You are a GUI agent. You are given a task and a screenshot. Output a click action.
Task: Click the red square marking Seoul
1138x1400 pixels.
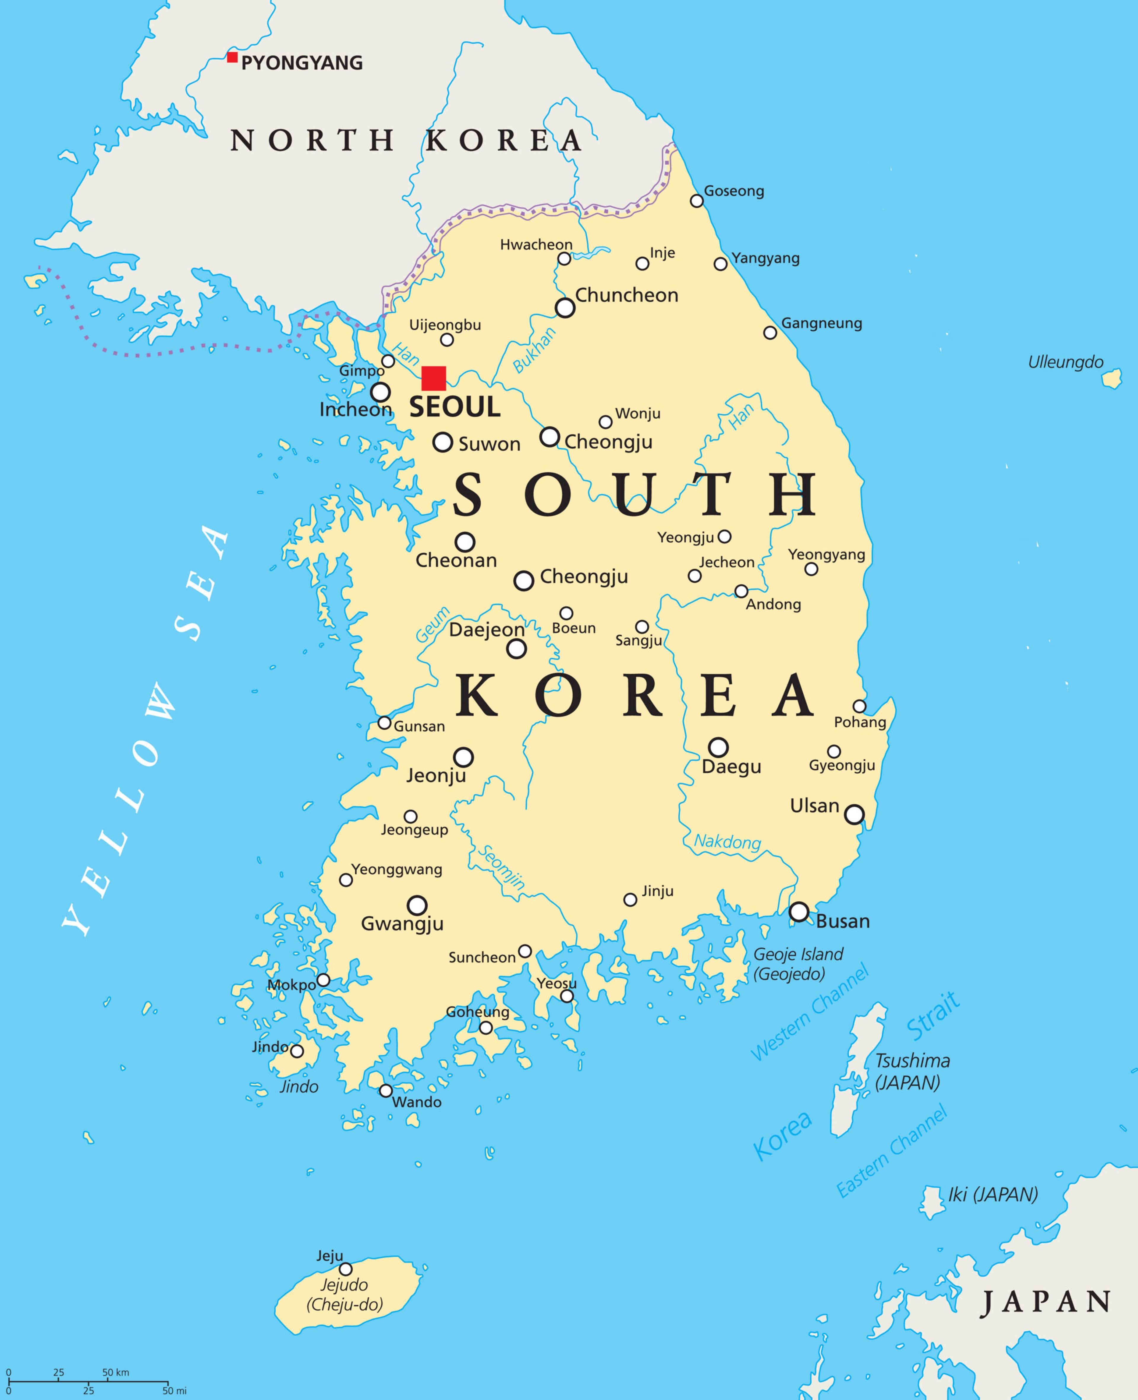(x=433, y=378)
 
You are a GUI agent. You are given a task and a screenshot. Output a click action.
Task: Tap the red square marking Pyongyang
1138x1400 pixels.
(x=232, y=57)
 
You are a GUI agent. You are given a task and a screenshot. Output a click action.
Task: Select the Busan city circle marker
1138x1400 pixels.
(x=798, y=912)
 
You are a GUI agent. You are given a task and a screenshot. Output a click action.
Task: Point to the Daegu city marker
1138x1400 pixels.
(x=718, y=747)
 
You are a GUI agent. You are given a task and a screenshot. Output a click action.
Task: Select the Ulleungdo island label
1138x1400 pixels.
(x=1065, y=362)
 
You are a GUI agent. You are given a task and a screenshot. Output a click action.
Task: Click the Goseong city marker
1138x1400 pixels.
(x=697, y=201)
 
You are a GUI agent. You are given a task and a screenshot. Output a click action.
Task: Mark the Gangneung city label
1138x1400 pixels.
(x=821, y=323)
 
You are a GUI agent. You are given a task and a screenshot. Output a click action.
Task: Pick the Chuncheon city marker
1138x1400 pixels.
(x=565, y=307)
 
